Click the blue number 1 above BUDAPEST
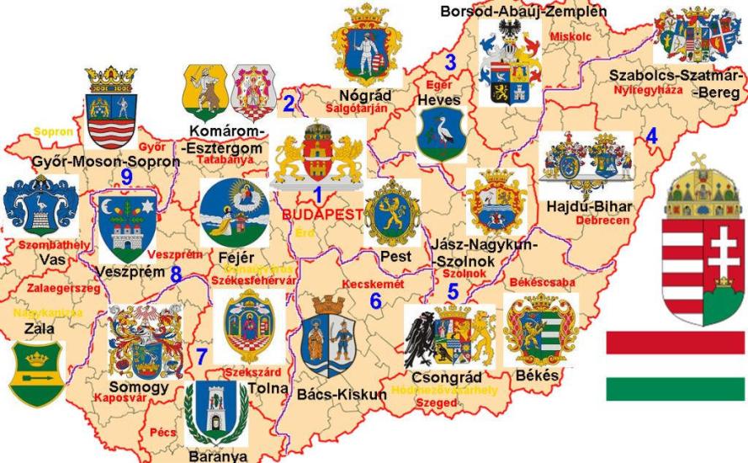coord(317,194)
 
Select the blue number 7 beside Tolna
coord(200,356)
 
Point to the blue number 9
coord(126,175)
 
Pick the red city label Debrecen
coord(602,221)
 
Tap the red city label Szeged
coord(436,403)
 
